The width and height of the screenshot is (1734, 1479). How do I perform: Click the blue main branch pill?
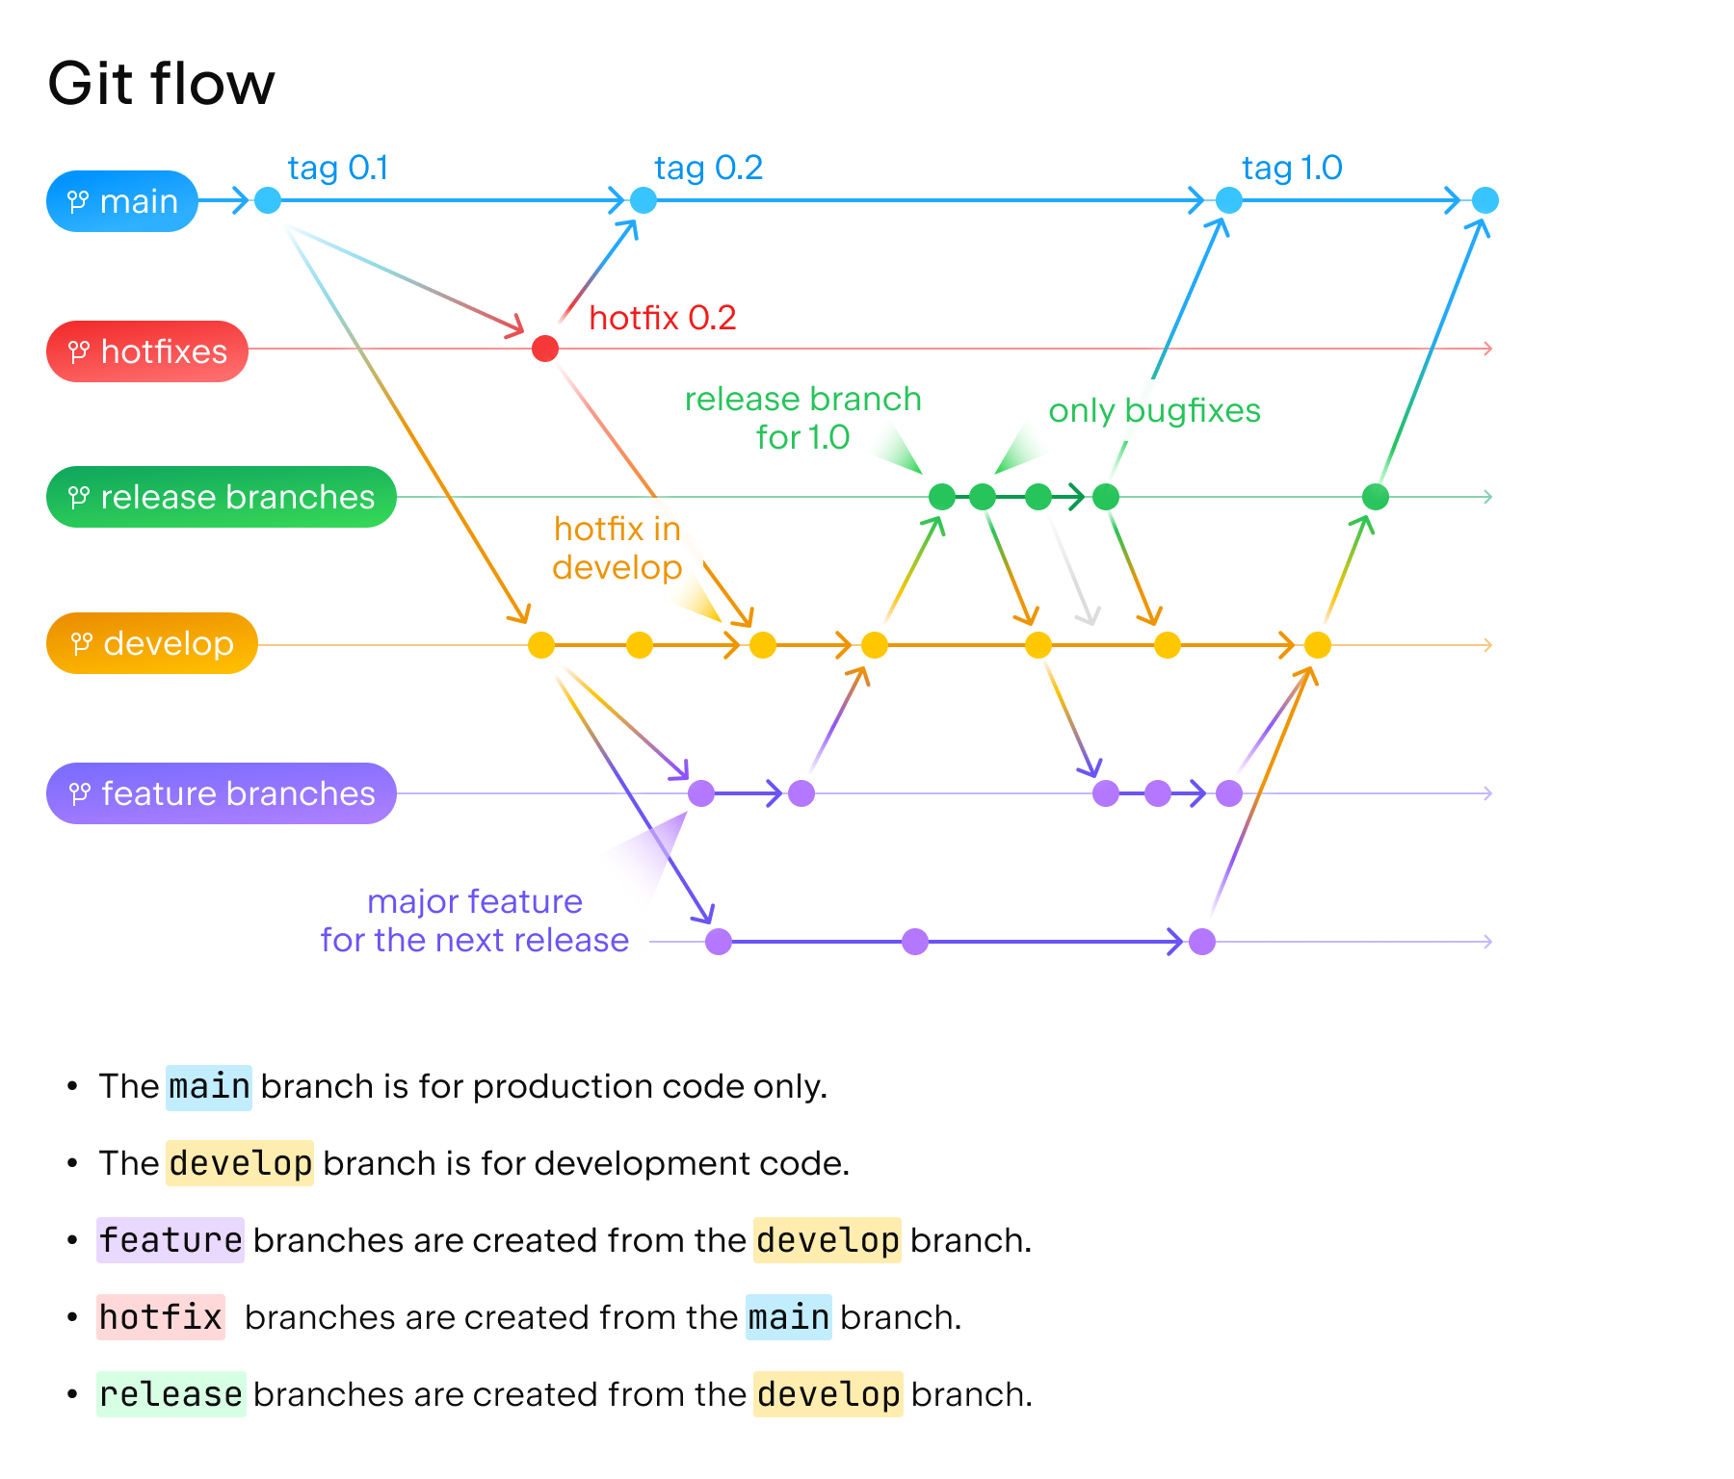(x=122, y=201)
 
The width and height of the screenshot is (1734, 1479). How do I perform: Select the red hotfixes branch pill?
(x=147, y=351)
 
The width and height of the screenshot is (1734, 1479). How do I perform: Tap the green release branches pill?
(x=222, y=497)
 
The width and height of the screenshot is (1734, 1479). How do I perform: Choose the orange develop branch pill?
(x=152, y=643)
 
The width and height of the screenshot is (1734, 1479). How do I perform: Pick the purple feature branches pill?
(x=222, y=793)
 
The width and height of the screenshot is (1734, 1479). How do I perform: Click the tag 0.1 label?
(x=337, y=169)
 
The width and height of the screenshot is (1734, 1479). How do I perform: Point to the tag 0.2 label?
(x=708, y=169)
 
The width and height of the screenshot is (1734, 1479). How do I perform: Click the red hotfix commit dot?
(x=545, y=349)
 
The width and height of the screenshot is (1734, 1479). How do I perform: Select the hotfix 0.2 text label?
(x=663, y=318)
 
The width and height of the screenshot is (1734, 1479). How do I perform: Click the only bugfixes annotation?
(x=1154, y=411)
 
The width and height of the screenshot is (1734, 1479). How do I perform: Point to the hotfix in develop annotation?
(x=617, y=548)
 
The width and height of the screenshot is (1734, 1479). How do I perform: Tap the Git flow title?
(x=161, y=84)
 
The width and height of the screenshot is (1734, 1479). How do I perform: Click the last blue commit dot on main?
(x=1485, y=200)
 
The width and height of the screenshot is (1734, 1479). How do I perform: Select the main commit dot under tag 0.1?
(x=268, y=200)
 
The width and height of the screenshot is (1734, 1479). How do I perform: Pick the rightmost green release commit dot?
(x=1376, y=497)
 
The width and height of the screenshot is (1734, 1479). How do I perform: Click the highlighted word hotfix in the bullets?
(x=161, y=1317)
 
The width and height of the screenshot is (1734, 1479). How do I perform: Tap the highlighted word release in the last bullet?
(x=171, y=1394)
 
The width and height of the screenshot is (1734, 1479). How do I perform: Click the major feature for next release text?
(x=475, y=921)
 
